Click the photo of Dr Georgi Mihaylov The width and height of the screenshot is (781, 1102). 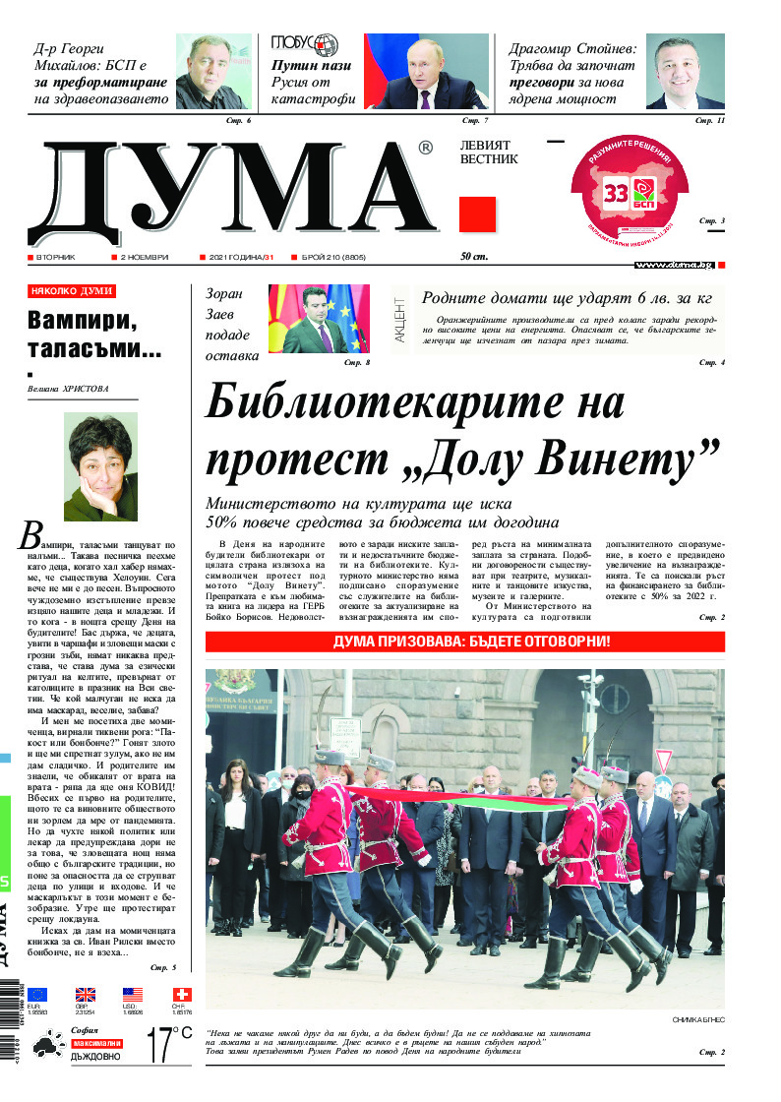213,71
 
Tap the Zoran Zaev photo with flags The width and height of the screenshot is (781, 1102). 319,319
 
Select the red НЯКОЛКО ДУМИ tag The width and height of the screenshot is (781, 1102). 72,291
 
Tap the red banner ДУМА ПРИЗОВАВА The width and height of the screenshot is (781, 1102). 464,642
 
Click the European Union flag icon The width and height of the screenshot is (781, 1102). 37,995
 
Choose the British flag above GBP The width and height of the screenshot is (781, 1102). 86,995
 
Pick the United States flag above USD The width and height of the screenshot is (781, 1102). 134,995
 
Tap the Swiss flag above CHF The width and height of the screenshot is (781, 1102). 182,995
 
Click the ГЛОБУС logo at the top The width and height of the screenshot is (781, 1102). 305,44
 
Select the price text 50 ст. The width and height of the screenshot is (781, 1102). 475,257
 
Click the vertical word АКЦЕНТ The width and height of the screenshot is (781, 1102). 399,319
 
